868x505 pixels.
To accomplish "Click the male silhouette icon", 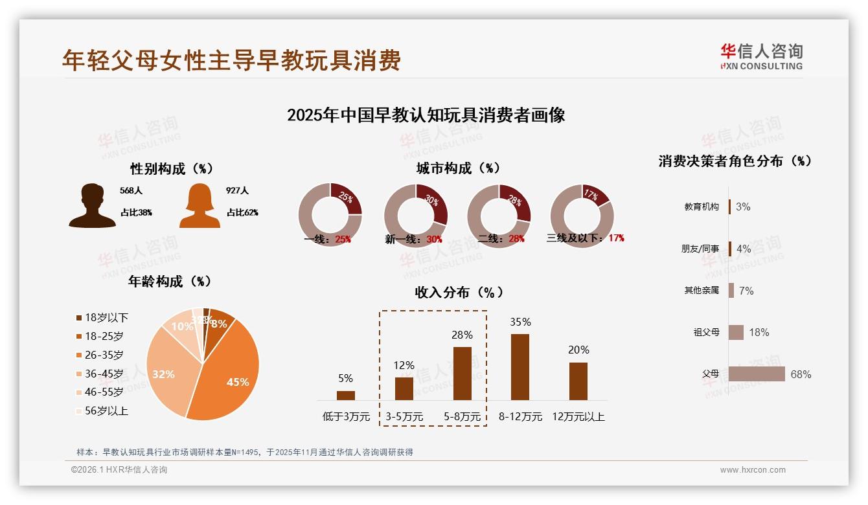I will point(93,206).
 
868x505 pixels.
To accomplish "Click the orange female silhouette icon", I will point(200,206).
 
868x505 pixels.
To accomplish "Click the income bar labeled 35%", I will point(520,367).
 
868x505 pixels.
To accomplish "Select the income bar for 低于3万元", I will point(346,396).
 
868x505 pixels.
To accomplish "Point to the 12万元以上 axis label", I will point(578,417).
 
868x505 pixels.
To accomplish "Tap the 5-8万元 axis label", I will point(462,417).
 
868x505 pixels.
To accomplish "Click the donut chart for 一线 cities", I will point(330,214).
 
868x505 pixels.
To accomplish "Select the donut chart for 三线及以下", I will point(582,214).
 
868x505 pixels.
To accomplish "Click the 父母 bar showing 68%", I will point(756,374).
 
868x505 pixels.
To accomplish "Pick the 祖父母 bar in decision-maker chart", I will point(736,332).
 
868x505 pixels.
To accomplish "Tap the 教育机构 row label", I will point(702,207).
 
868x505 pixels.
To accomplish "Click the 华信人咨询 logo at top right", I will point(761,56).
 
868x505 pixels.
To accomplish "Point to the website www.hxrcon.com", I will point(753,470).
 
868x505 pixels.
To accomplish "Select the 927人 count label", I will point(237,191).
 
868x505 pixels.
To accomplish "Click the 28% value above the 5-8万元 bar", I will point(462,335).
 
